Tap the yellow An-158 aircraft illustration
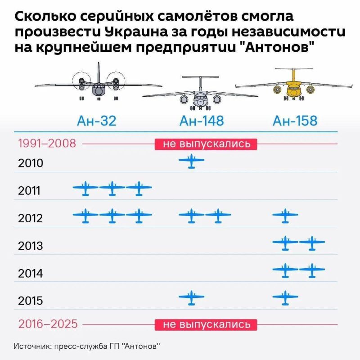pos(293,84)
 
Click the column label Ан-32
pos(97,121)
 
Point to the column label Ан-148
pos(201,121)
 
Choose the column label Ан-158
pos(295,121)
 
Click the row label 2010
pos(31,162)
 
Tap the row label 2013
pos(31,246)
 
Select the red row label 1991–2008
pos(47,144)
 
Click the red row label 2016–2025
pos(48,324)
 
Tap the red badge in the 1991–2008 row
pos(206,144)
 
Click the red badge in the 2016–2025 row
pos(206,324)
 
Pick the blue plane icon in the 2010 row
pos(192,161)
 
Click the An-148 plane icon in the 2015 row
pos(192,297)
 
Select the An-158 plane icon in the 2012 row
pos(285,216)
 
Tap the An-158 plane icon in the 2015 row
pos(285,297)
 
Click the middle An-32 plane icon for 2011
pos(112,189)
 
